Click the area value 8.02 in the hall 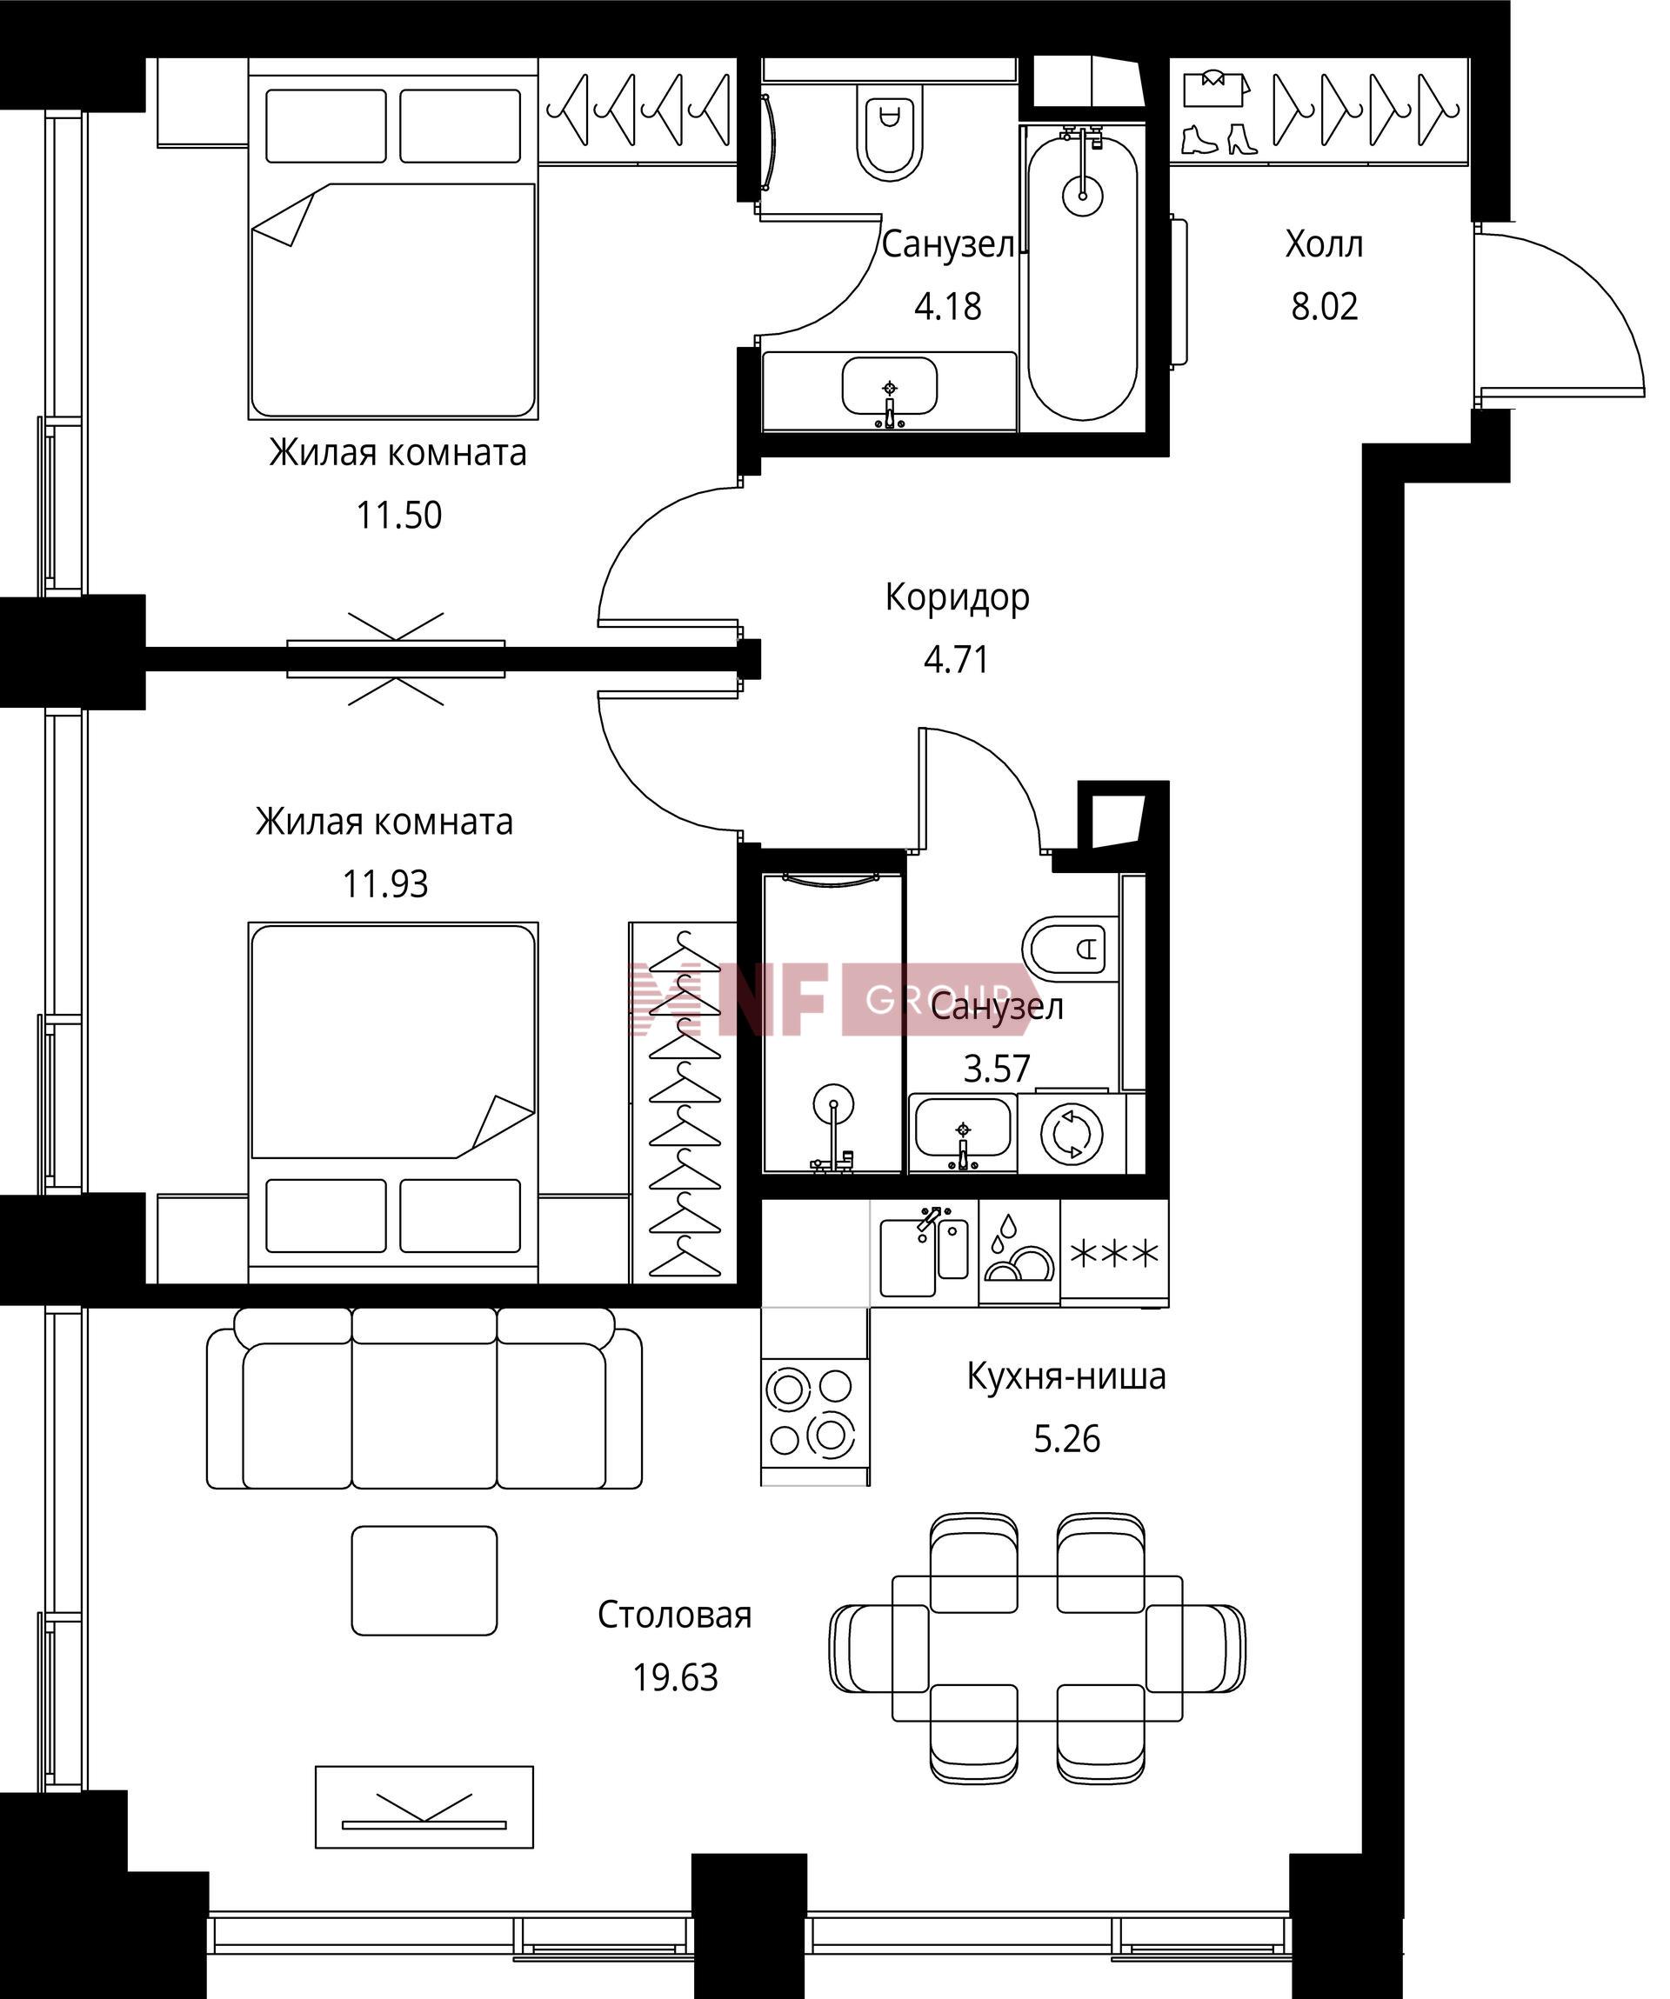point(1324,307)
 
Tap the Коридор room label point(957,596)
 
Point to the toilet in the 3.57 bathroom point(1069,947)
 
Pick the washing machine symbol point(1072,1133)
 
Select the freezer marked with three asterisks point(1114,1252)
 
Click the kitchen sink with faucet point(924,1252)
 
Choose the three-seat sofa point(424,1398)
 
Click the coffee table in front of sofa point(424,1581)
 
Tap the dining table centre point(1037,1648)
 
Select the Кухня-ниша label point(1066,1377)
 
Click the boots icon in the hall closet point(1219,138)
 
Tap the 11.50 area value point(399,515)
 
